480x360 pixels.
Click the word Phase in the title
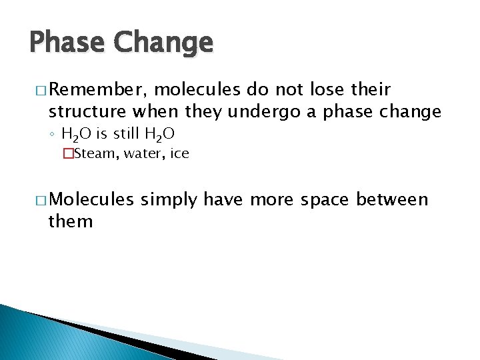pyautogui.click(x=67, y=43)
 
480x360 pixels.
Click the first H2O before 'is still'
pyautogui.click(x=77, y=135)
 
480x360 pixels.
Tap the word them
pyautogui.click(x=71, y=221)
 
